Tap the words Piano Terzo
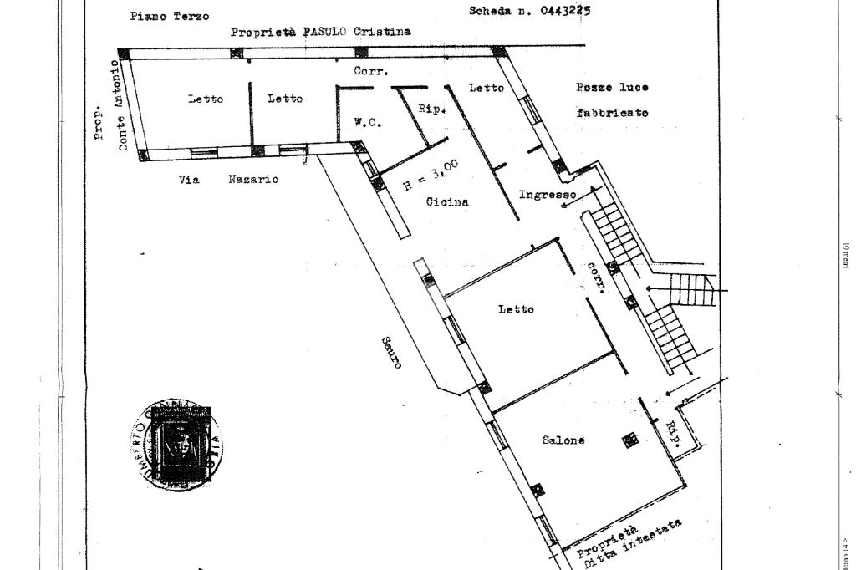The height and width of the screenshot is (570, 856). pyautogui.click(x=169, y=16)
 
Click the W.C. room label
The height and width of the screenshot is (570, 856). pyautogui.click(x=368, y=122)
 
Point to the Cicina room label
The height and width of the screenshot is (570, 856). pyautogui.click(x=447, y=201)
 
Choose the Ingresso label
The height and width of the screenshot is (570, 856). pyautogui.click(x=547, y=195)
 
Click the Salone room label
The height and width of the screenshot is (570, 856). pyautogui.click(x=563, y=440)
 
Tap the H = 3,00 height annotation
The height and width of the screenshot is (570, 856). pyautogui.click(x=431, y=176)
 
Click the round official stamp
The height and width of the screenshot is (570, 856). pyautogui.click(x=177, y=444)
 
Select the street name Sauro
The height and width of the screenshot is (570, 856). pyautogui.click(x=391, y=352)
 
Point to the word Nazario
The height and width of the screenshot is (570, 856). pyautogui.click(x=253, y=179)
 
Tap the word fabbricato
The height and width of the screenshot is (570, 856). pyautogui.click(x=612, y=112)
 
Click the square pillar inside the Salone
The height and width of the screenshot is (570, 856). pyautogui.click(x=629, y=440)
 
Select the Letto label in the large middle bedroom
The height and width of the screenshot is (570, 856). pyautogui.click(x=516, y=310)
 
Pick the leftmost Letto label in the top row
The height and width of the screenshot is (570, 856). pyautogui.click(x=206, y=99)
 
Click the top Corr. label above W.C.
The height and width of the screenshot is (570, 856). pyautogui.click(x=370, y=72)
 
